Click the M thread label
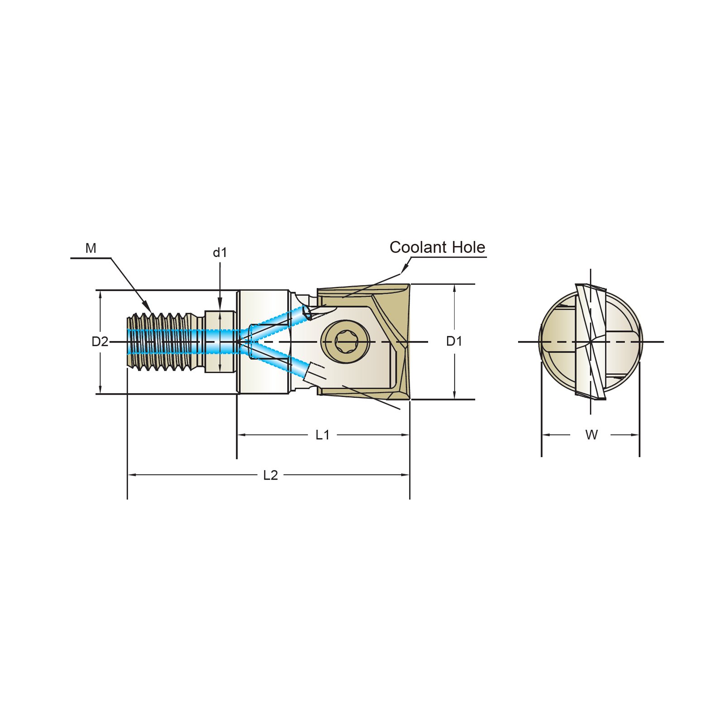[x=90, y=248]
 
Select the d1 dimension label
[x=220, y=252]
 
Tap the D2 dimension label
[x=100, y=342]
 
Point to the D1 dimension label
[x=454, y=341]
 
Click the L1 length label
[x=323, y=435]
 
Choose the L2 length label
[x=271, y=475]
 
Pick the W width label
[x=591, y=435]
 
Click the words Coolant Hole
[x=437, y=248]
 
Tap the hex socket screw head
[x=345, y=342]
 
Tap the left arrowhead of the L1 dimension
[x=242, y=435]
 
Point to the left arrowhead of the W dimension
[x=546, y=435]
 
